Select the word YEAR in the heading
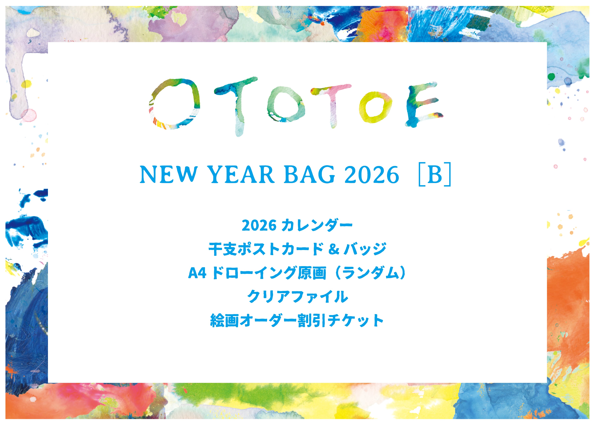240,175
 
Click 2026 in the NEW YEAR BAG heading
372,175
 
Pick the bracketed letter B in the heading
435,174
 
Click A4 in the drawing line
197,273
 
